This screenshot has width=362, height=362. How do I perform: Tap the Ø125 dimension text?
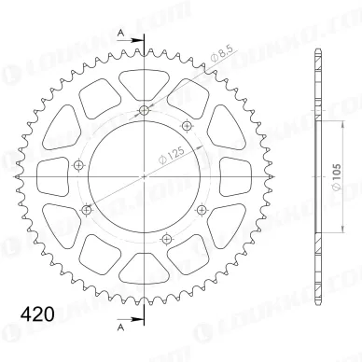click(172, 155)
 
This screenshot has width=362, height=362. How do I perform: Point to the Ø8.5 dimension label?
click(222, 55)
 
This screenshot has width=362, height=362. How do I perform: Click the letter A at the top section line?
click(121, 33)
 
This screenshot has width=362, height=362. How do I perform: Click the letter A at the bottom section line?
click(121, 327)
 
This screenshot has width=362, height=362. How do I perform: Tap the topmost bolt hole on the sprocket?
click(144, 110)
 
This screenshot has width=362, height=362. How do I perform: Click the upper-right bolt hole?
click(187, 126)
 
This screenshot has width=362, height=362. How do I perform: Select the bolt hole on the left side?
click(78, 165)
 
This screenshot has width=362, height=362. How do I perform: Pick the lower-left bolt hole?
click(86, 210)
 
